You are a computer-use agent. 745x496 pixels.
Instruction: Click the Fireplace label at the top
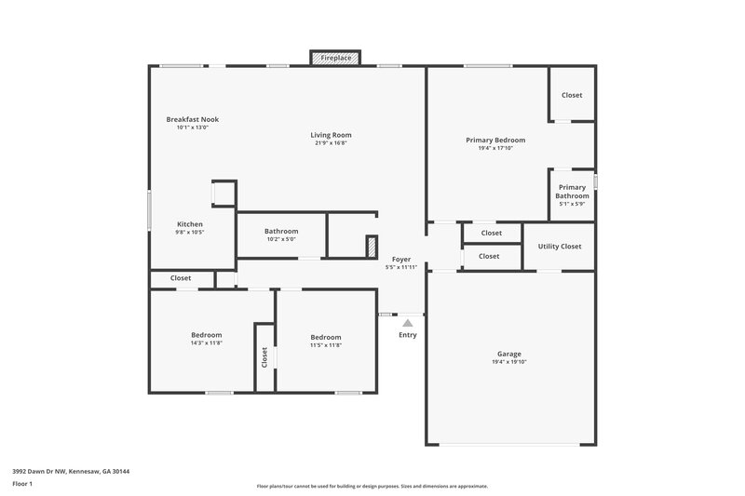[336, 58]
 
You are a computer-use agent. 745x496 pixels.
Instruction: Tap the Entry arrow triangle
[407, 322]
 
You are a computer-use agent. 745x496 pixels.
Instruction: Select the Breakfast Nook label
[192, 119]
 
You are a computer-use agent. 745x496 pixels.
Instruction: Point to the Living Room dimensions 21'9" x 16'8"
[331, 143]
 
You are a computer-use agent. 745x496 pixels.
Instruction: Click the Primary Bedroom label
[495, 140]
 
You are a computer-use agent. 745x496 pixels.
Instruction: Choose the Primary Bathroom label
[572, 192]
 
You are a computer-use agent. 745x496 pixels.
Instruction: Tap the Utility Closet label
[559, 247]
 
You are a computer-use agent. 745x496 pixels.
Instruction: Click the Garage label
[508, 354]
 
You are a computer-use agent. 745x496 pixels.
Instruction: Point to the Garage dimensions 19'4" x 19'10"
[508, 362]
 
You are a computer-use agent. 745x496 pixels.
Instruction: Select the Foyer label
[400, 259]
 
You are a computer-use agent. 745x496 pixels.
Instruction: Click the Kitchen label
[190, 224]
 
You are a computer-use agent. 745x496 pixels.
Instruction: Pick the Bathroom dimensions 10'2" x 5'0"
[280, 239]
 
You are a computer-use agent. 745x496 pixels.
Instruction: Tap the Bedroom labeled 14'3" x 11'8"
[206, 335]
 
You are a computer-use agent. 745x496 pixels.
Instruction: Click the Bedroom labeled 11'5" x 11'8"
[325, 337]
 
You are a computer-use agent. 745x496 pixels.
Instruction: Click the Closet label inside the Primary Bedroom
[572, 95]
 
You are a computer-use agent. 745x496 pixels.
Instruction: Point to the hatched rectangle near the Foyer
[371, 247]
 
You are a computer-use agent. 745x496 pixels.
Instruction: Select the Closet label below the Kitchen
[180, 278]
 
